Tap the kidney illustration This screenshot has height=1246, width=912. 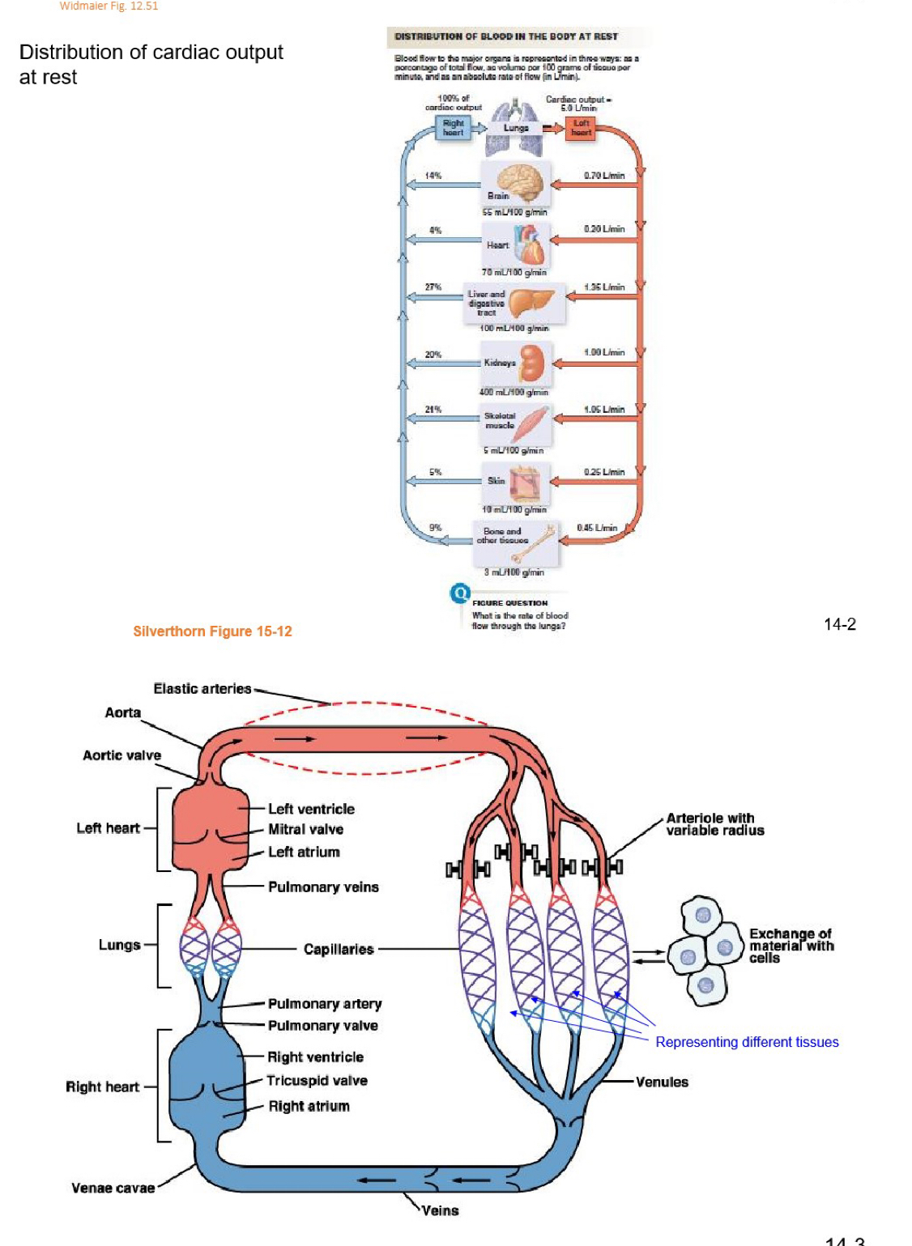532,363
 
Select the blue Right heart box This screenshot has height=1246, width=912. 453,128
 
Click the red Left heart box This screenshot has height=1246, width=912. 581,128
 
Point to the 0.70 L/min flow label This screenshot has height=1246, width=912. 604,176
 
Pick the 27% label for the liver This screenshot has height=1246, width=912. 433,287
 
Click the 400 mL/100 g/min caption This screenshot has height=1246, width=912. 514,392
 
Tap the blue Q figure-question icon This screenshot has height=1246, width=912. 460,593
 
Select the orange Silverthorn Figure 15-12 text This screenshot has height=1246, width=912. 212,632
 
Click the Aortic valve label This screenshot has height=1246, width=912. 121,755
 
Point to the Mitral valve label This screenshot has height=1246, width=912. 305,829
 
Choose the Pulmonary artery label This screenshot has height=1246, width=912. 324,1004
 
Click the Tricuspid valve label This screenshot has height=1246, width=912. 317,1081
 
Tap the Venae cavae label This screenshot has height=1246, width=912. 113,1189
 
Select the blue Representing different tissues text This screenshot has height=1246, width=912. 747,1042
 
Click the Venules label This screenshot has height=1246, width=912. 662,1082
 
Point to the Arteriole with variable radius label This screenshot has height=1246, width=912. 714,824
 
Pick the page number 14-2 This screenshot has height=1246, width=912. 839,624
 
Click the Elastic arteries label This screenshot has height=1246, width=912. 202,689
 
